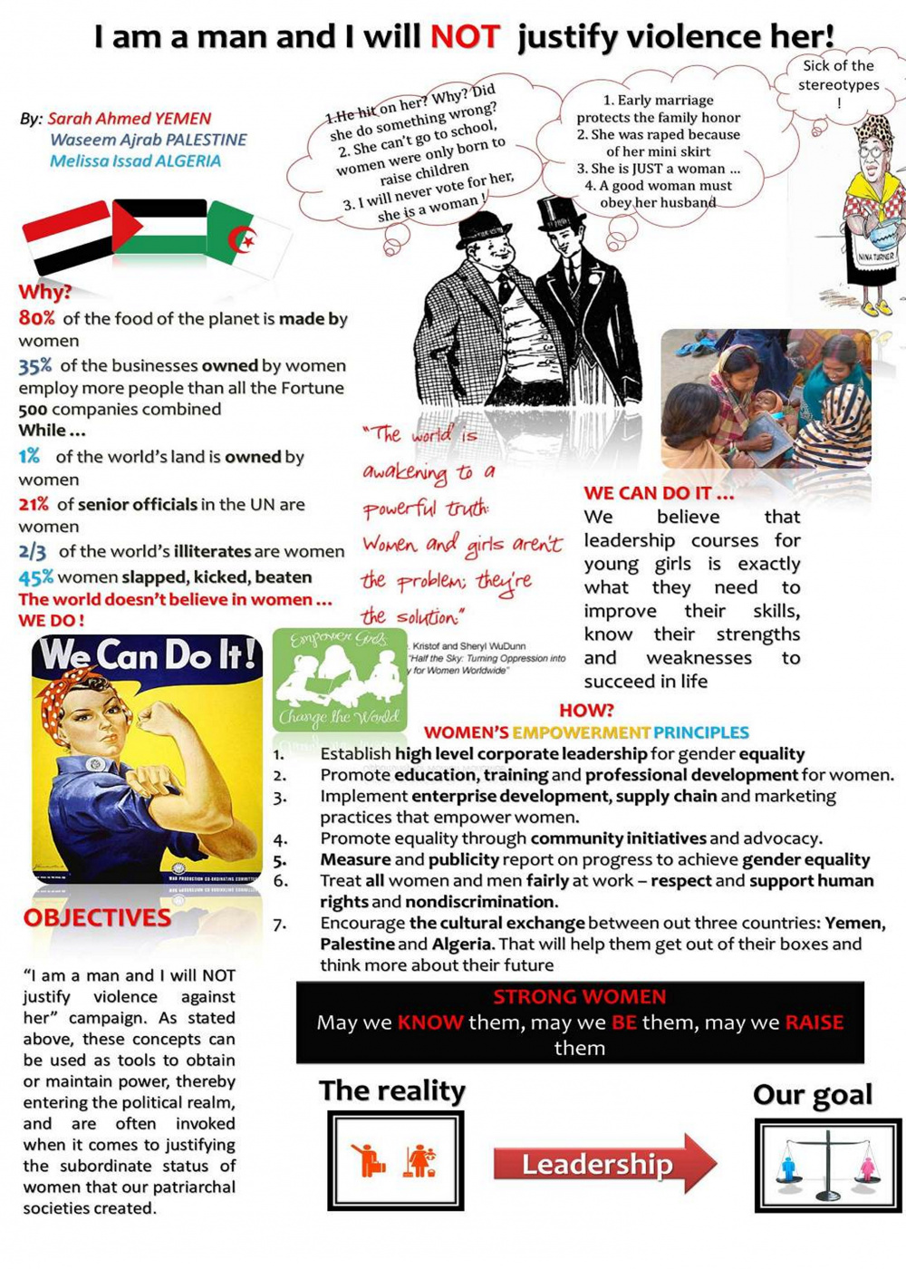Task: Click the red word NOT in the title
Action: [464, 37]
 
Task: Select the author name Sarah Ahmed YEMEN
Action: [129, 119]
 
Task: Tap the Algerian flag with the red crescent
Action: [246, 237]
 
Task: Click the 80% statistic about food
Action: [37, 318]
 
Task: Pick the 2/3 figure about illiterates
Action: [33, 551]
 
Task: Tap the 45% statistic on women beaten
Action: [35, 577]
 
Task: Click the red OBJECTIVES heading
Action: [97, 918]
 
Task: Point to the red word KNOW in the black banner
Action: [430, 1022]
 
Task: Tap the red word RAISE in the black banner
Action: [814, 1022]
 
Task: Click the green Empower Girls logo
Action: [340, 680]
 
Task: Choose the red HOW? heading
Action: [586, 710]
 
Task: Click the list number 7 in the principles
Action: [280, 924]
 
